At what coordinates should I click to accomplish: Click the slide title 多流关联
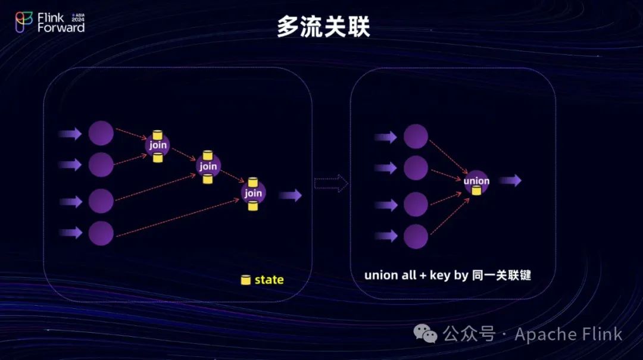point(323,27)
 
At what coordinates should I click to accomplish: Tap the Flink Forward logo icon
point(24,21)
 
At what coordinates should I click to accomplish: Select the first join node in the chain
point(158,145)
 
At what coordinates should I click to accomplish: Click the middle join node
point(208,166)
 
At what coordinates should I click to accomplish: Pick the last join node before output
point(253,193)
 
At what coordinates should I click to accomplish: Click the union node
point(476,181)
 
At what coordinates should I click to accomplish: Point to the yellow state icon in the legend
point(245,280)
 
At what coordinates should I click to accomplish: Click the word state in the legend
point(269,280)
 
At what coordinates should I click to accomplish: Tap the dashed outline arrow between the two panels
point(331,183)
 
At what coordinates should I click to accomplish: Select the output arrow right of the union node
point(510,180)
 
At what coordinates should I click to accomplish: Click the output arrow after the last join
point(290,195)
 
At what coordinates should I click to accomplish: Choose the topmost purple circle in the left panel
point(101,133)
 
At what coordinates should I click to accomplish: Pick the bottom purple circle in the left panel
point(101,233)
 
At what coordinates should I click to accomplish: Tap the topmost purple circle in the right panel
point(416,136)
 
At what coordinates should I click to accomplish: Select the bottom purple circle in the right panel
point(416,236)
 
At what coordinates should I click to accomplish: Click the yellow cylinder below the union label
point(476,190)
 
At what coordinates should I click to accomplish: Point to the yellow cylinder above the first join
point(158,134)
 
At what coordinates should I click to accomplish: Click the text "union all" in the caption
point(390,275)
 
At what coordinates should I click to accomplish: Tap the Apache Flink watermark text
point(568,334)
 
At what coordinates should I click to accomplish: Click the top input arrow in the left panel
point(70,134)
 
